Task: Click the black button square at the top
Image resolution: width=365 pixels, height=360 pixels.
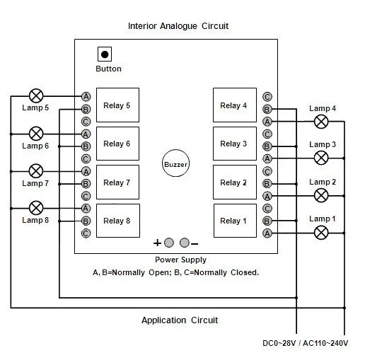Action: [105, 54]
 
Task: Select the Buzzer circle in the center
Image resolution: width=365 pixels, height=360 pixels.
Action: [175, 163]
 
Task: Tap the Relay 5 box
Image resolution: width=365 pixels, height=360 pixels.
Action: [117, 105]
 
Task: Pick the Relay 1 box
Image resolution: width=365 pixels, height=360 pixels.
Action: [235, 221]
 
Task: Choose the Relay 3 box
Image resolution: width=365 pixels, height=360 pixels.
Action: [235, 144]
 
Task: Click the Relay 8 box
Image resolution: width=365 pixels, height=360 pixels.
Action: [118, 221]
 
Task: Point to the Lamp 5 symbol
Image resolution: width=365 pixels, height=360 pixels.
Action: [36, 96]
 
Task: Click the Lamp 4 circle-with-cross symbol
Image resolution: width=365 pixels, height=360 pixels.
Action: [321, 122]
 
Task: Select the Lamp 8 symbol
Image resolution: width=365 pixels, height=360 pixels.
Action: [36, 208]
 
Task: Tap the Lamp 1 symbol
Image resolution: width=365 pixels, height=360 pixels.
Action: [321, 233]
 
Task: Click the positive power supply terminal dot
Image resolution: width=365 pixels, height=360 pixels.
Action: [169, 243]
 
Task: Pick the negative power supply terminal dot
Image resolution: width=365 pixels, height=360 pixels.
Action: [184, 243]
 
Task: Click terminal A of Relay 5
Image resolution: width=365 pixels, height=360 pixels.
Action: [86, 96]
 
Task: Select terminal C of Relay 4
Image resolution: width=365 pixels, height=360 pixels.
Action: [267, 97]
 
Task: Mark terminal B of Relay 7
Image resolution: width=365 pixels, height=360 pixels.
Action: [86, 184]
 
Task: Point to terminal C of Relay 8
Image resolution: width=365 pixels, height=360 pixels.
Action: [86, 233]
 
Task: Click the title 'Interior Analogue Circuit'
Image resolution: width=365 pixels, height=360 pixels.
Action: [178, 26]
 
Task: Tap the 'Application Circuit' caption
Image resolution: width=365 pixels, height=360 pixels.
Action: [180, 320]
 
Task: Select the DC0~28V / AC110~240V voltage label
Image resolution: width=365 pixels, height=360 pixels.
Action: [306, 343]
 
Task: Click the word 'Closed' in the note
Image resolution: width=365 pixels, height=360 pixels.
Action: [245, 272]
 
